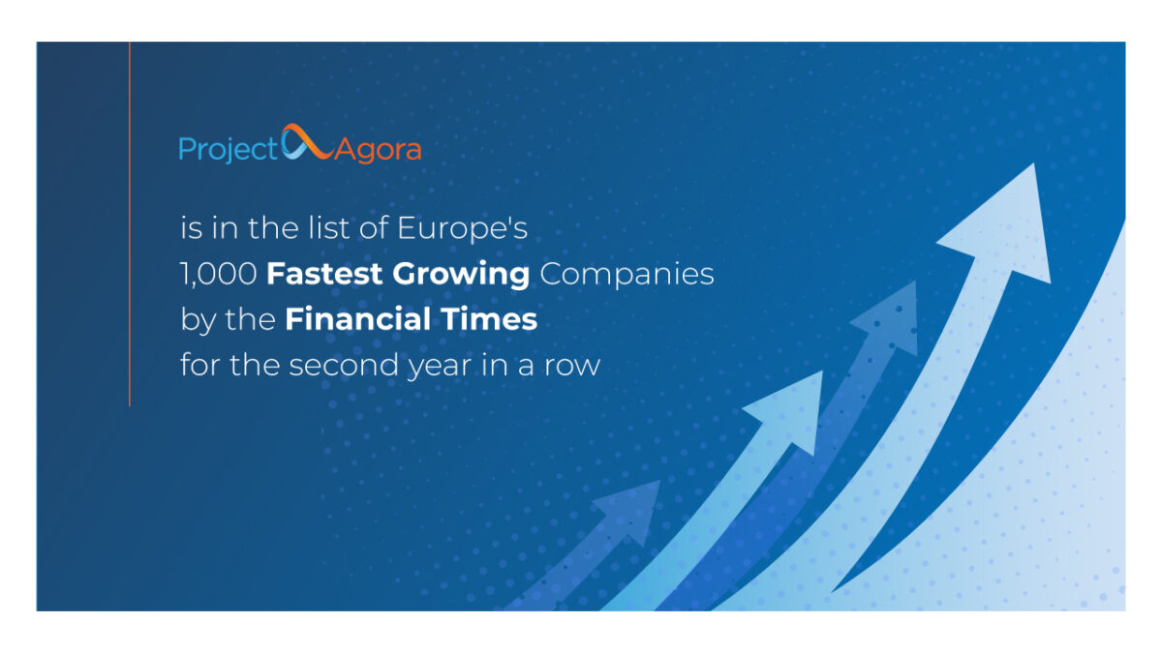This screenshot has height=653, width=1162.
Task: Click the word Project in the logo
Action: pos(229,150)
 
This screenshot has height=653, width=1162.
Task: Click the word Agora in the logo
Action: pos(378,151)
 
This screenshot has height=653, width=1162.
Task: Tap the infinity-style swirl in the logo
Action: pos(307,142)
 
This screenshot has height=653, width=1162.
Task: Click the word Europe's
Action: pos(462,228)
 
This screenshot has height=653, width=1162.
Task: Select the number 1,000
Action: pos(219,274)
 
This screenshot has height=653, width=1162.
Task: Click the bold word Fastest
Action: pos(324,273)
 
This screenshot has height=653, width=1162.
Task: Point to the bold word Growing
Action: pos(461,275)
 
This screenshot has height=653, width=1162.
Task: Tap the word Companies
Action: pos(627,275)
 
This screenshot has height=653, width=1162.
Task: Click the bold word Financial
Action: pos(357,318)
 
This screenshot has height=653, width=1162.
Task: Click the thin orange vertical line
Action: pos(129,223)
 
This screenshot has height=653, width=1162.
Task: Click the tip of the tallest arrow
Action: pos(1033,163)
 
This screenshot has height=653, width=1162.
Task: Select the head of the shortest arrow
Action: pos(630,512)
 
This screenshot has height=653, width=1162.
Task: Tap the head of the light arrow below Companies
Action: pos(786,412)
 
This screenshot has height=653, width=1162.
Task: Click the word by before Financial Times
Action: pos(198,320)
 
